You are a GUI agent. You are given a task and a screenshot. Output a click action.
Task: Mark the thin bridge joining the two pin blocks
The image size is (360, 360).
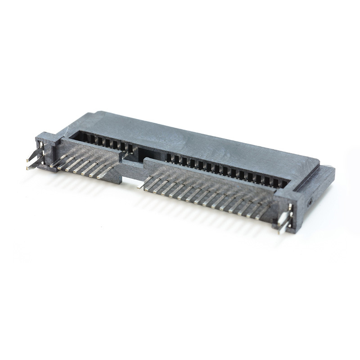(x=133, y=167)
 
